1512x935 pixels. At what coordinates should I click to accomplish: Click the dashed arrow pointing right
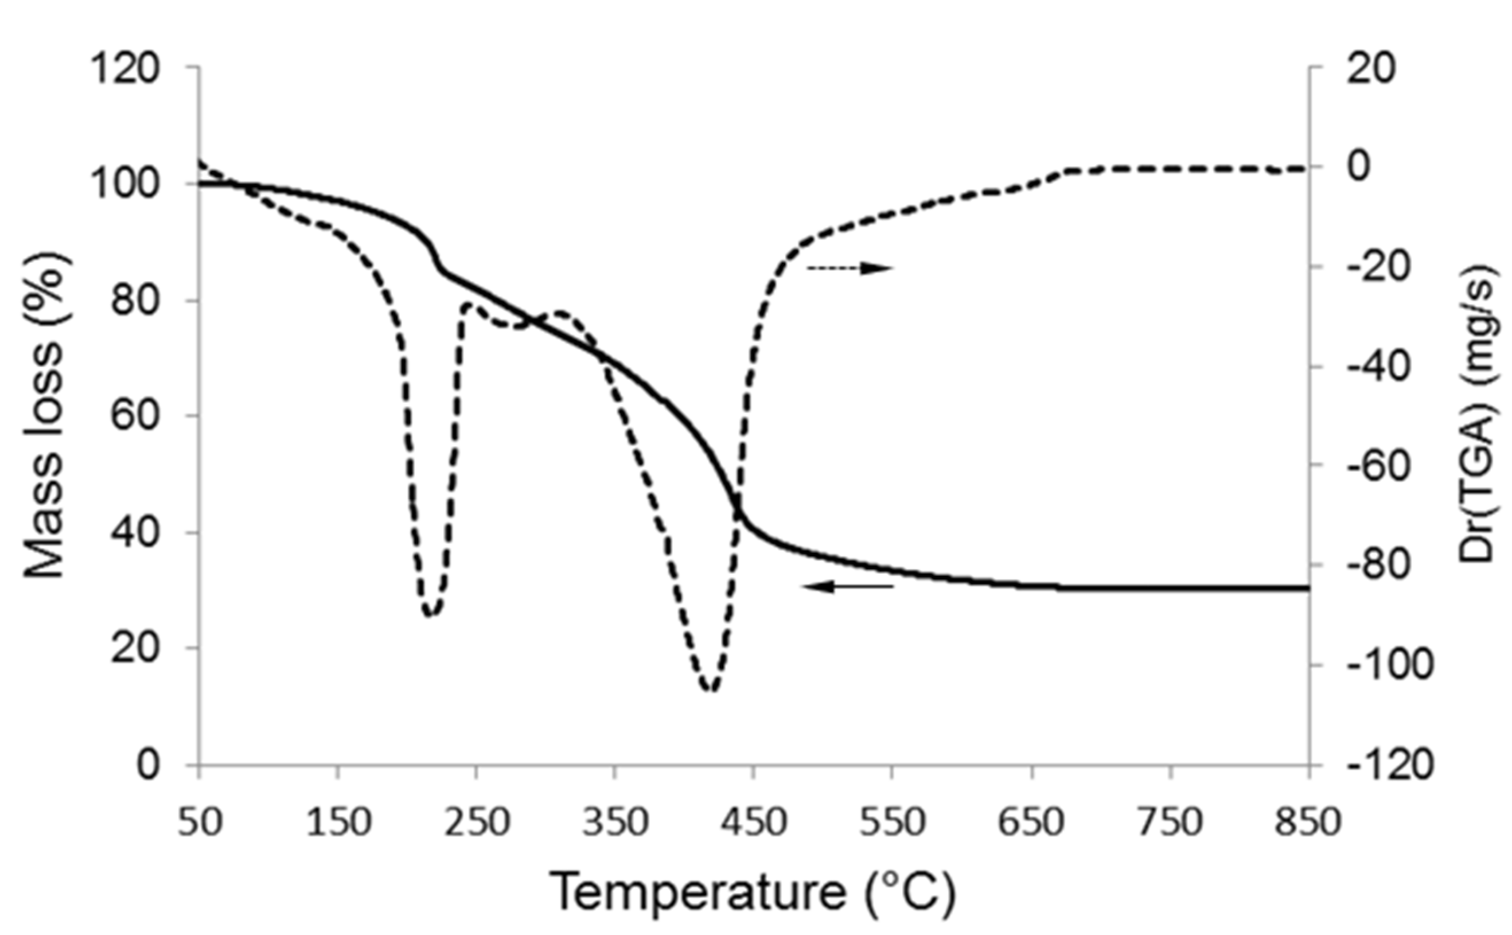tap(850, 268)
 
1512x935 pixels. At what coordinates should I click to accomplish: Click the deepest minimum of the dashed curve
tap(711, 690)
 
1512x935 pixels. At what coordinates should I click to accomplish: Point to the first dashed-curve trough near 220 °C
tap(431, 613)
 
